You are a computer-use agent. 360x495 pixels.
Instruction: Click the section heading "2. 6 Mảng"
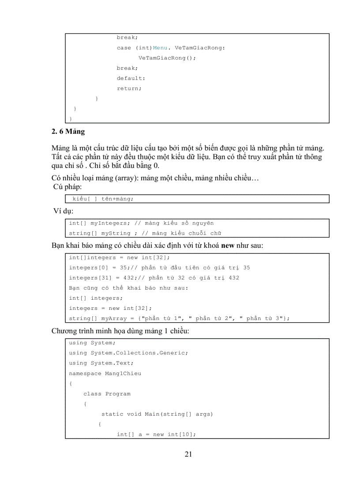[x=68, y=131]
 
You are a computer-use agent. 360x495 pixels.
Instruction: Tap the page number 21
[x=188, y=454]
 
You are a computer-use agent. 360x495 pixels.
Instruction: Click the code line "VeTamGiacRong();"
[x=167, y=58]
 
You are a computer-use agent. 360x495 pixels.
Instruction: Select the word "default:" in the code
[x=131, y=78]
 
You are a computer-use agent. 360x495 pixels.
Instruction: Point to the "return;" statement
[x=129, y=88]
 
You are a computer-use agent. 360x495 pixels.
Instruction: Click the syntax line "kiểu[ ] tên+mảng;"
[x=103, y=199]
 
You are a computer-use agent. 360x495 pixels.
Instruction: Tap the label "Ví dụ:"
[x=64, y=211]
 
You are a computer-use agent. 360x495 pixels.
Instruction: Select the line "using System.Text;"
[x=101, y=363]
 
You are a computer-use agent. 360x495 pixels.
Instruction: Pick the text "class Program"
[x=107, y=394]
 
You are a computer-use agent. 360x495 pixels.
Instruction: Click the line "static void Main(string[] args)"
[x=157, y=414]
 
